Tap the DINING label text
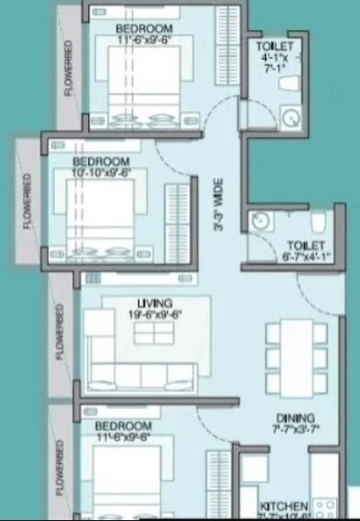tap(294, 416)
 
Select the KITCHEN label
tap(283, 506)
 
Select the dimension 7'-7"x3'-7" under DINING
tap(294, 427)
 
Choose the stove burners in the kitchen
tap(323, 507)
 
